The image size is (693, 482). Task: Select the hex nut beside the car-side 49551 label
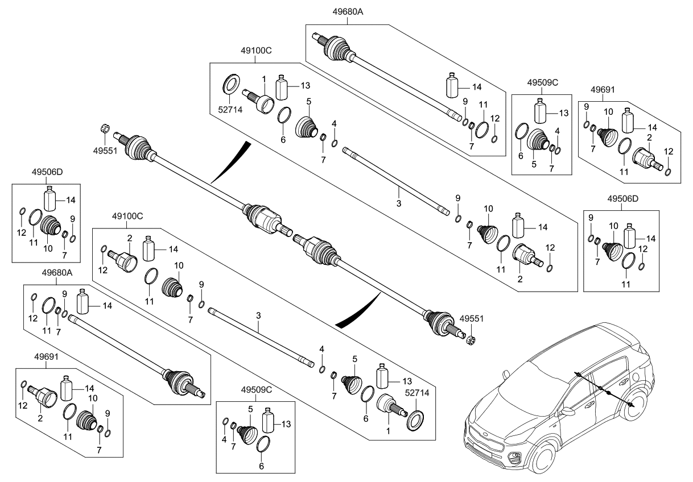pos(471,341)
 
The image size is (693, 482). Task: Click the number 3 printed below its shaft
pos(398,203)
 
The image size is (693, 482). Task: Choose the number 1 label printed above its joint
pos(263,78)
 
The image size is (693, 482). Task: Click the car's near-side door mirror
pos(567,411)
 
